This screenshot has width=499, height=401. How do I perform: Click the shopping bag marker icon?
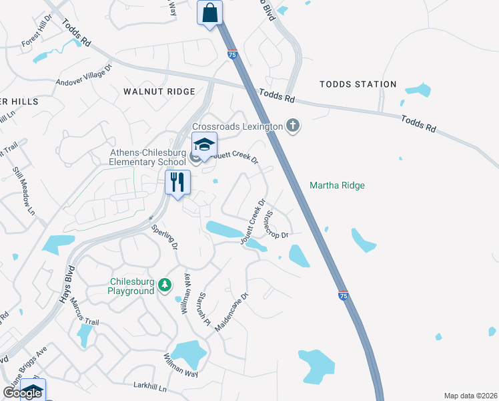(210, 13)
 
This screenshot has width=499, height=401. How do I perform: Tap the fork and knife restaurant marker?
(177, 182)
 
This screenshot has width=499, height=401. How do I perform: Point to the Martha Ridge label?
(338, 185)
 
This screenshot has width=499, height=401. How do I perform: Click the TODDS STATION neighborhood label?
(358, 84)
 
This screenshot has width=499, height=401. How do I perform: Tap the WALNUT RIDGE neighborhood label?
(159, 91)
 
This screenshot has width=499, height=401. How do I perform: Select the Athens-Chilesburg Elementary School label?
(148, 156)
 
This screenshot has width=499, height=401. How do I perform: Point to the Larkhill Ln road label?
(149, 388)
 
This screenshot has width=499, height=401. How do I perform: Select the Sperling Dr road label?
(165, 237)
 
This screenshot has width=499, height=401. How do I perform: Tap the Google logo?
(22, 393)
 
